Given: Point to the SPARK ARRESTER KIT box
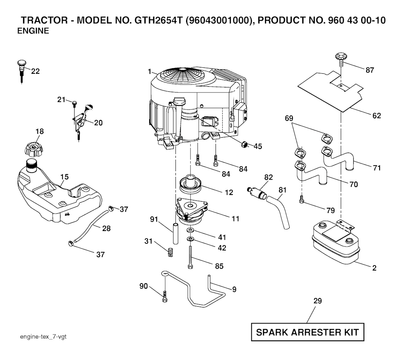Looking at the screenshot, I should [x=307, y=333].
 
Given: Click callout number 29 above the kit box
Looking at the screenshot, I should [x=318, y=301].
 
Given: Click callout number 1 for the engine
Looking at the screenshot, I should [x=150, y=71].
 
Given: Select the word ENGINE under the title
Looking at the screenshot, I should [x=33, y=32].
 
